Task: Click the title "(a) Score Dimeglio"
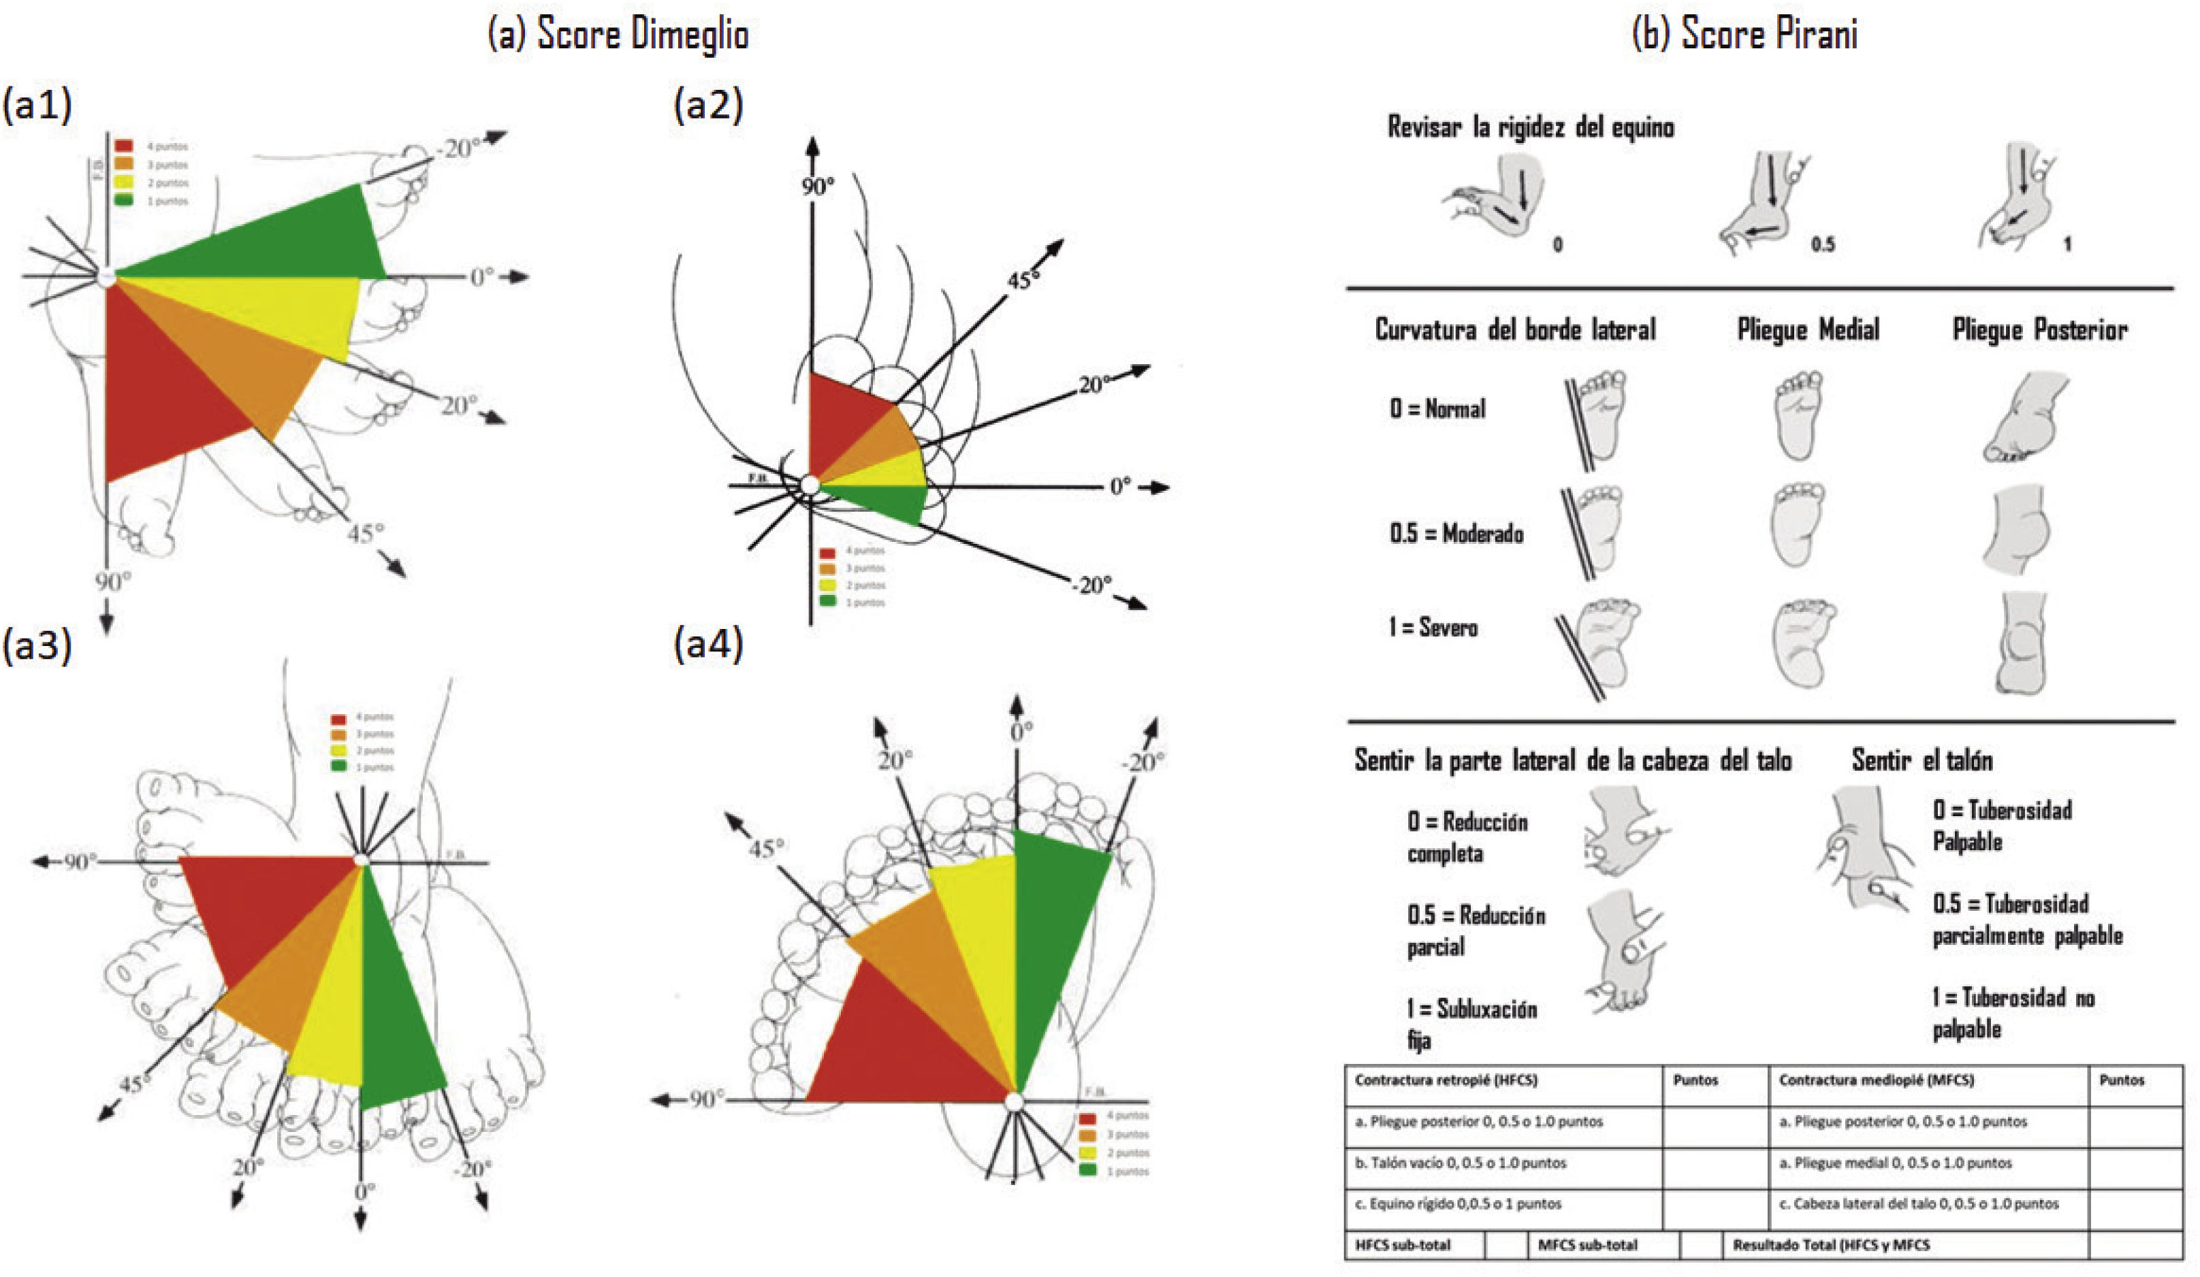tap(617, 35)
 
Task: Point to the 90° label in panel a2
tap(817, 186)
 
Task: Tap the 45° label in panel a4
tap(765, 848)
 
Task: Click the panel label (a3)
tap(37, 646)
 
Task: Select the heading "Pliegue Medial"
tap(1807, 330)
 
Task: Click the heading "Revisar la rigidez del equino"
tap(1531, 127)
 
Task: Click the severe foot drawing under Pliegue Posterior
tap(2021, 644)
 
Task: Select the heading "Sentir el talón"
tap(1922, 760)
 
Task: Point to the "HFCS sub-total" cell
tap(1402, 1245)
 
